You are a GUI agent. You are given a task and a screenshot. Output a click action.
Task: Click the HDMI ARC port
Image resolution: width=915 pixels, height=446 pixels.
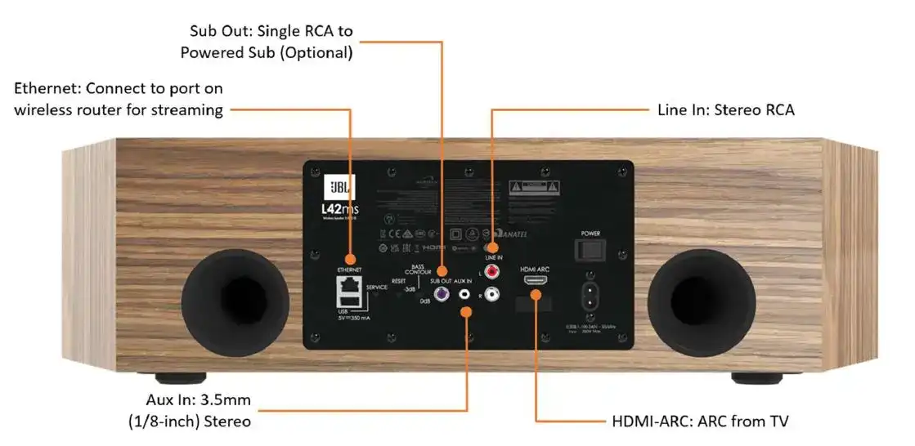pos(536,280)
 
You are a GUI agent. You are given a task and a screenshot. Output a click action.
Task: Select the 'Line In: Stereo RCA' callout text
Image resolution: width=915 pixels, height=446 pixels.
pos(725,109)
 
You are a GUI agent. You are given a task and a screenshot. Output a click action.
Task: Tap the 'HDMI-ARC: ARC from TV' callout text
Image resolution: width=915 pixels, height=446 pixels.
pos(700,421)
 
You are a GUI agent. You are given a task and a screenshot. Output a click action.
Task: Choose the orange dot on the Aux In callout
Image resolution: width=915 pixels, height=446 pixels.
pos(467,310)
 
